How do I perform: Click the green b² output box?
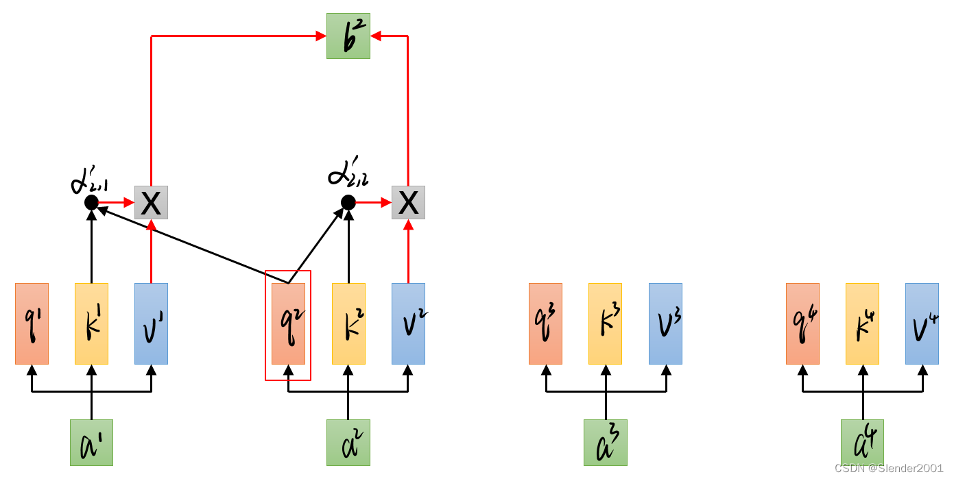coord(348,36)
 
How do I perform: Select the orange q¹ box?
coord(32,323)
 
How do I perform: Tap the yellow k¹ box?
coord(91,323)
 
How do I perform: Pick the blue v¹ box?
coord(151,323)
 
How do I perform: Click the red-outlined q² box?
coord(288,324)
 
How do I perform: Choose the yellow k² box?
coord(348,323)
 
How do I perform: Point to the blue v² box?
coord(408,323)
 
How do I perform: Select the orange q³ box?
coord(545,323)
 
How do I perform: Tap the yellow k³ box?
coord(605,323)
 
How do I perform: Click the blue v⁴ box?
coord(922,323)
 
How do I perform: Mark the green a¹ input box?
coord(91,443)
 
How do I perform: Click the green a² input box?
coord(348,443)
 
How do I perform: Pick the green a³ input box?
coord(606,443)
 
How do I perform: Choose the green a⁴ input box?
coord(862,443)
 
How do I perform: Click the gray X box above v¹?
coord(151,202)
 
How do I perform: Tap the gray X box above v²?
coord(408,202)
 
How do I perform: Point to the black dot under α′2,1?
coord(91,202)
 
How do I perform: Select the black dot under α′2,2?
coord(348,202)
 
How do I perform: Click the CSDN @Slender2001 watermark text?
coord(888,467)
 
